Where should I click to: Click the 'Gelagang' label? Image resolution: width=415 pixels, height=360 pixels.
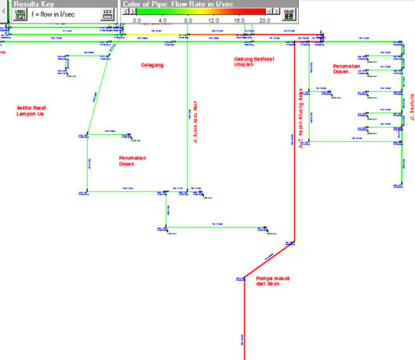click(x=152, y=65)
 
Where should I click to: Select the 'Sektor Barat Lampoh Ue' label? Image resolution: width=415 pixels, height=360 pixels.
click(x=33, y=111)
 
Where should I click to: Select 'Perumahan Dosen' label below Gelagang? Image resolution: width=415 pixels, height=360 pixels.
click(x=133, y=160)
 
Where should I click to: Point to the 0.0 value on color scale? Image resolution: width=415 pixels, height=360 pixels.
click(x=137, y=21)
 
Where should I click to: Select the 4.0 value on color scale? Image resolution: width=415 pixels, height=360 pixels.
click(x=162, y=21)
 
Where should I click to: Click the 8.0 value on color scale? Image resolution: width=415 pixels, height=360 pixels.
click(x=188, y=21)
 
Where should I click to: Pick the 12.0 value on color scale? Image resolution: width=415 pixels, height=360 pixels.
click(x=213, y=21)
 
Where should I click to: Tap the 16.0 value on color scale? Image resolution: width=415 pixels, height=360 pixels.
click(x=239, y=21)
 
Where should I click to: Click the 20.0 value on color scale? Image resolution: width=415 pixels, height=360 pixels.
click(x=265, y=21)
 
